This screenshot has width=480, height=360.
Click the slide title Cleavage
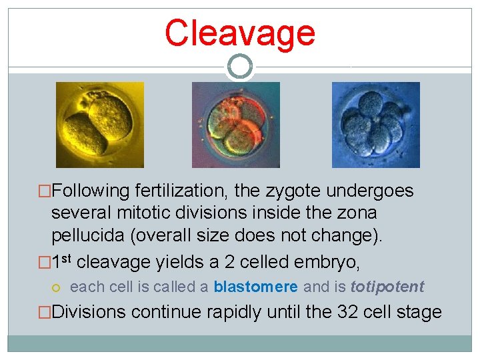point(239,33)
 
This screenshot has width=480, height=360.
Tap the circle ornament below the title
point(239,67)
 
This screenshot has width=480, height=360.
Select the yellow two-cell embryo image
point(99,125)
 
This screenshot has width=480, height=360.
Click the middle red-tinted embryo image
point(236,125)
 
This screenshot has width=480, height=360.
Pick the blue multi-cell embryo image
point(376,125)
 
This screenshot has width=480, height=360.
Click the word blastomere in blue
point(255,287)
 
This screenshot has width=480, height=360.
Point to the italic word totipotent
point(387,287)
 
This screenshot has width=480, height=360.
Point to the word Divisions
point(89,312)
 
